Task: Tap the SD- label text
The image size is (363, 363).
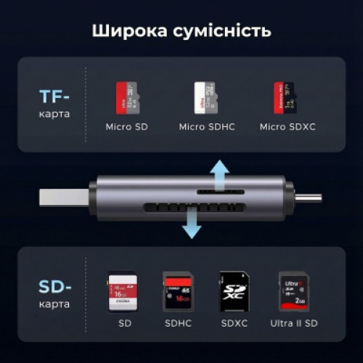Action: point(55,288)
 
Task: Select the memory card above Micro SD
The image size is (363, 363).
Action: point(128,97)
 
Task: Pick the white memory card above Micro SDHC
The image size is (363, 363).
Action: point(205,97)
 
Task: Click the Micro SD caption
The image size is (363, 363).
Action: point(128,127)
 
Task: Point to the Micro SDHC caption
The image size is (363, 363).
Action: point(205,127)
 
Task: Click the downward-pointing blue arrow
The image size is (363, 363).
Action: point(191,221)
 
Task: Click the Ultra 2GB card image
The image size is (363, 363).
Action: point(290,290)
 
